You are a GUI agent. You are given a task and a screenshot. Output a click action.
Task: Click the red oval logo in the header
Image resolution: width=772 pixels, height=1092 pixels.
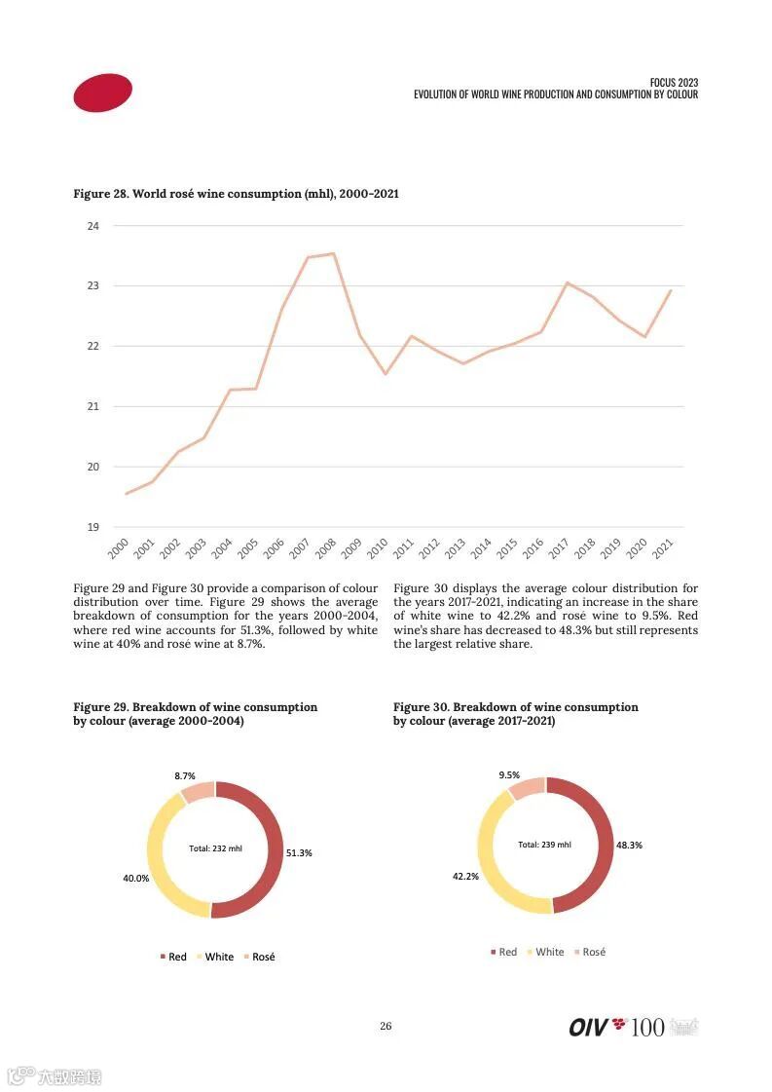pos(102,93)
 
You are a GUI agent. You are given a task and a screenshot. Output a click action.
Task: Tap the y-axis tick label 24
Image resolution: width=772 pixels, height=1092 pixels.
pos(93,226)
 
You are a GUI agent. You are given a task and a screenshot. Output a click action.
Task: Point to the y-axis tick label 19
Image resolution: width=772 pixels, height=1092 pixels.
pos(93,527)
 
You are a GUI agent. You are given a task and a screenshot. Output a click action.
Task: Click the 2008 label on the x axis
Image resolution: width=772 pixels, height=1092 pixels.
pos(325,549)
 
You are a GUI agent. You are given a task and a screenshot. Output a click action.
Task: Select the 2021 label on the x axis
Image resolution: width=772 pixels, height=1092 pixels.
pos(662,549)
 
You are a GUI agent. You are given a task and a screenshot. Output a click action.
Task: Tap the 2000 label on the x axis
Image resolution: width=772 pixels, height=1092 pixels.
pos(118,549)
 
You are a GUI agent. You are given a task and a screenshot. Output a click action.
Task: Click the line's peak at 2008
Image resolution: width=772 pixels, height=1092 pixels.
pos(334,253)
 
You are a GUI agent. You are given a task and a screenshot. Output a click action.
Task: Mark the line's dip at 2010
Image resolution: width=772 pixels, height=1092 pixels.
pos(386,374)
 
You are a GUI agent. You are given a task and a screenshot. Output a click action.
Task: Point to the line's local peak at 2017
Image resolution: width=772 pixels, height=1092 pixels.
pos(567,282)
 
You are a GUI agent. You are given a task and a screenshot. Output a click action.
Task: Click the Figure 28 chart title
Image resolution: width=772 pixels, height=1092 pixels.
pos(236,194)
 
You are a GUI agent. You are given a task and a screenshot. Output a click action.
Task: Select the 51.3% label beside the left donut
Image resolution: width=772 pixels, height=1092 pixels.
pos(299,852)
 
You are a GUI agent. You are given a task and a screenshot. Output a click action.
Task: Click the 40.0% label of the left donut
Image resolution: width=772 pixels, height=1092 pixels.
pos(135,878)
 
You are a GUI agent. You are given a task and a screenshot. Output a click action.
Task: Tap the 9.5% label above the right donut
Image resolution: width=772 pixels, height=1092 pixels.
pos(509,775)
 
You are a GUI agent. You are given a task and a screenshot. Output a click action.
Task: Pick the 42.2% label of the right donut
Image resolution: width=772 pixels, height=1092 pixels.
pos(465,876)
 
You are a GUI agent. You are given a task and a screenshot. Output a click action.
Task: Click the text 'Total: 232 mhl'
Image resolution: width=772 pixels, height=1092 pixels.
pos(215,848)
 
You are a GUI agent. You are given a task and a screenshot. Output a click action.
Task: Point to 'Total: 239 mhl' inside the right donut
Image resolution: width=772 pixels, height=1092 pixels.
pos(544,845)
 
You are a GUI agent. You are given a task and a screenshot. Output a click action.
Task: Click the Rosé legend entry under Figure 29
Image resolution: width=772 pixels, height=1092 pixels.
pos(258,957)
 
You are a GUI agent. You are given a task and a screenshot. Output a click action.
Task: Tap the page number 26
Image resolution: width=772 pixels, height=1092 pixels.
pos(386,1026)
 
